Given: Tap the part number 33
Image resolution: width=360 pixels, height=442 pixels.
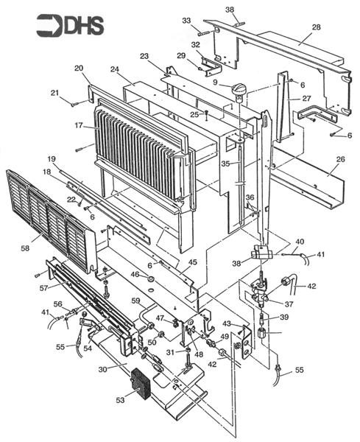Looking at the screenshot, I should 186,20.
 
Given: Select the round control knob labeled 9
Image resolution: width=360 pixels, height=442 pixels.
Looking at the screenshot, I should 238,91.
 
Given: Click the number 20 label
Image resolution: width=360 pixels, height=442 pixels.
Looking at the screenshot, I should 79,68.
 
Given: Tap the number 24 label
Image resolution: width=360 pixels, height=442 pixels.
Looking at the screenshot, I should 115,70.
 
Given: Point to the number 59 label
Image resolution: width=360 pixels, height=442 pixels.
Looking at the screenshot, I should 135,301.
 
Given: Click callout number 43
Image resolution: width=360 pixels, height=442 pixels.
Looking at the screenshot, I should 227,324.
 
